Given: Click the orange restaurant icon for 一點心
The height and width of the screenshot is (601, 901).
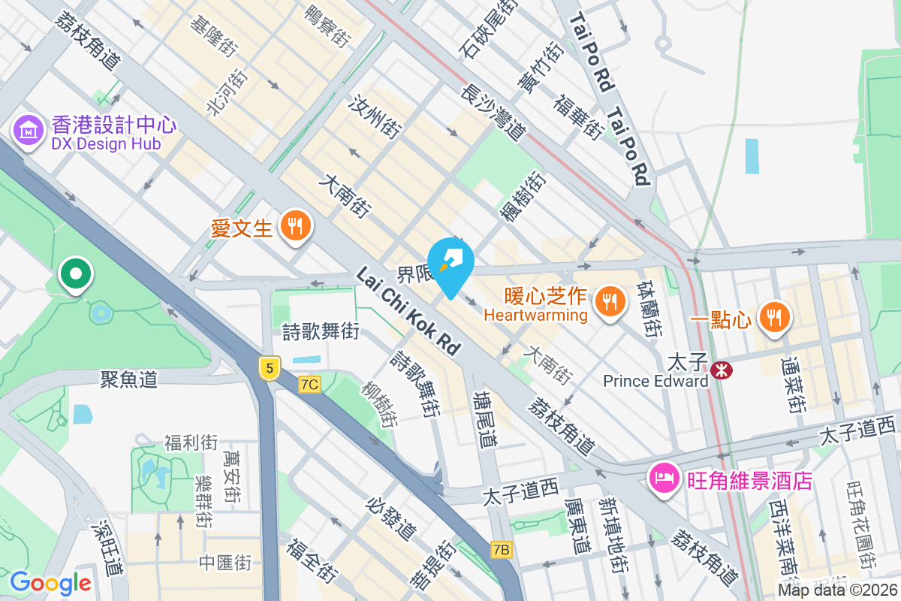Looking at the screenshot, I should coord(773,316).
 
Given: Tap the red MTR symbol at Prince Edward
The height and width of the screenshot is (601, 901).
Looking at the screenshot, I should coord(722,370).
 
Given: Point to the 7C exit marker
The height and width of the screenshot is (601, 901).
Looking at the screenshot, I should coord(309,385).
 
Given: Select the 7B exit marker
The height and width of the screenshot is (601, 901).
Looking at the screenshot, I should coord(502,550).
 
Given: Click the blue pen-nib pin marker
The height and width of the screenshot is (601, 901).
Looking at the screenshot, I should coord(451,262).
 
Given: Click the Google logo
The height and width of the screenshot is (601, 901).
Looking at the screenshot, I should coord(50,582).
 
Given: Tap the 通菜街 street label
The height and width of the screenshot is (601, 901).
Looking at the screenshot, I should coord(793,385).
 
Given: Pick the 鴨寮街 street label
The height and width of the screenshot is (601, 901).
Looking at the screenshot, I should coord(330,26).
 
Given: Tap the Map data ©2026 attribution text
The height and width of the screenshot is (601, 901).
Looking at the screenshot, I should coord(838,590).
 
